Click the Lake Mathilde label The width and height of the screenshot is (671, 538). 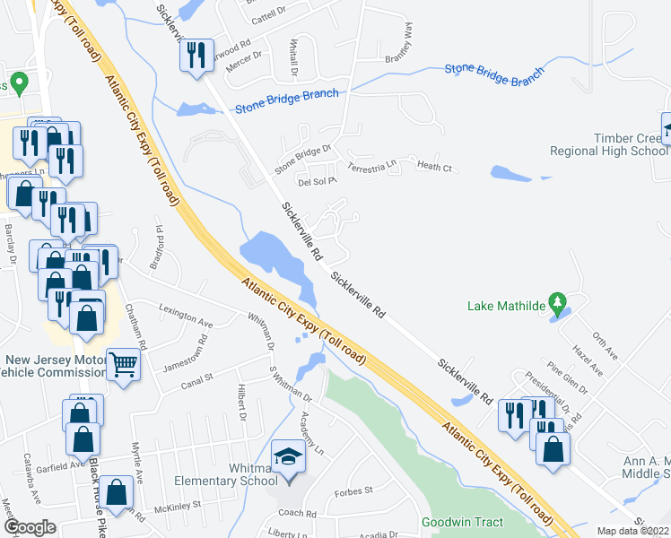(x=506, y=305)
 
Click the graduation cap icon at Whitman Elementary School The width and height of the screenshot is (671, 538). (x=289, y=456)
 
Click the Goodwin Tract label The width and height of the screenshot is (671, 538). (x=463, y=522)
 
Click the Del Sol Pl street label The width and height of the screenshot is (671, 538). (x=316, y=179)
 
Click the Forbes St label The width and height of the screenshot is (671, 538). (x=354, y=491)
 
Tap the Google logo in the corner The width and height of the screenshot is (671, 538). (x=30, y=527)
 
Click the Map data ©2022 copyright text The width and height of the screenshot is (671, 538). (x=632, y=531)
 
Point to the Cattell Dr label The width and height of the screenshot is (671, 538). (x=267, y=18)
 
